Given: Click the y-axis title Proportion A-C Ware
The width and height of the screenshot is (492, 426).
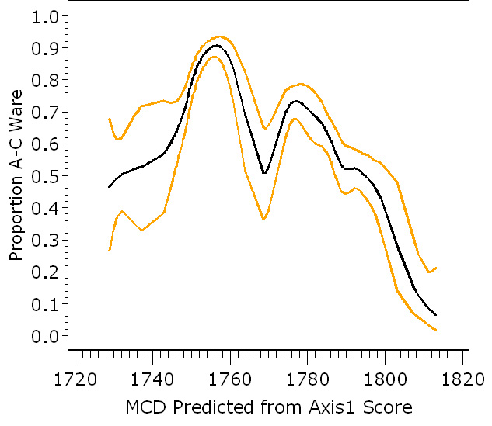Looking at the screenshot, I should coord(16,175).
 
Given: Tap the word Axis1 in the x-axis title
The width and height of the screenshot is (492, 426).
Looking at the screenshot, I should coord(340,407).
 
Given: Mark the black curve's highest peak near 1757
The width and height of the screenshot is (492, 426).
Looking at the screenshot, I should coord(217,45).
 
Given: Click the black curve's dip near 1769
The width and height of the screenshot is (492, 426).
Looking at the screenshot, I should coord(264,173).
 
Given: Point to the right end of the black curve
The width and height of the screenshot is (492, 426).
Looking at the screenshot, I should coord(436,315).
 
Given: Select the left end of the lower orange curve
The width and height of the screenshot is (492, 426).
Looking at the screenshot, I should coord(109,250).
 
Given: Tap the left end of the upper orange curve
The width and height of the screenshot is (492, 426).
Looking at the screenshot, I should coord(109,119).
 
